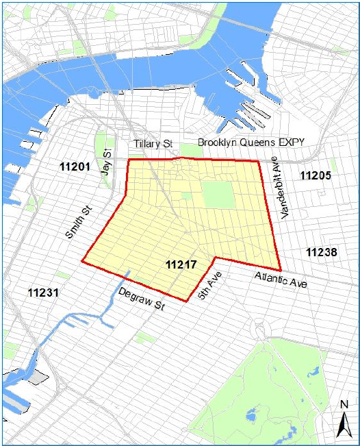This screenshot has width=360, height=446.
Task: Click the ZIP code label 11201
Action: [75, 166]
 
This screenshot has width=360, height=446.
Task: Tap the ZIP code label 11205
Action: [316, 175]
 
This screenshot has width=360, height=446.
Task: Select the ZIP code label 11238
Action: [322, 252]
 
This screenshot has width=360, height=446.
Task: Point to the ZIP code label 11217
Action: [181, 264]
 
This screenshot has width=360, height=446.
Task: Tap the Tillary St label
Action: [154, 145]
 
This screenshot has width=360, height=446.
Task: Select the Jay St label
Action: [106, 162]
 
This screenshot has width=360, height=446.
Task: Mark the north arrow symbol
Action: [342, 425]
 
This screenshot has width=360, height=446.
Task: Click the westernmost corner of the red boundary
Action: [82, 261]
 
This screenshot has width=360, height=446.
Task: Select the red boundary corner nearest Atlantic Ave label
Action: [280, 269]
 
